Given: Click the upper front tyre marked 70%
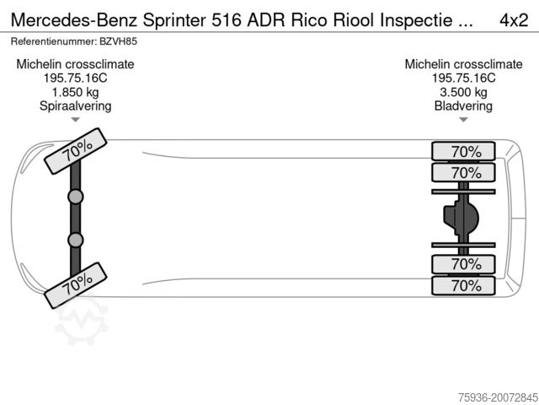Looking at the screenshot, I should pos(76,149).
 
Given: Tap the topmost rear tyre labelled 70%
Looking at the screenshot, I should pos(463,152).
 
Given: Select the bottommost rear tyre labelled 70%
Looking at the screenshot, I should pos(463,286).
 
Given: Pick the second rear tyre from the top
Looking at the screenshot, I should pos(463,173).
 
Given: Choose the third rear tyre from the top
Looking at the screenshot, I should pos(463,265).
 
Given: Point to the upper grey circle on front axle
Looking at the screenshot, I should pos(76,197).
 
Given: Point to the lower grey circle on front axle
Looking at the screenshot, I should pos(76,240).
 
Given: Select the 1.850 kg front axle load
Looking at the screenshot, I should pos(76,92).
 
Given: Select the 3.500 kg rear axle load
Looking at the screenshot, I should pos(462,92).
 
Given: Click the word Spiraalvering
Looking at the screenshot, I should pos(76,106).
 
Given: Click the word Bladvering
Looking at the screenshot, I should pos(462,106).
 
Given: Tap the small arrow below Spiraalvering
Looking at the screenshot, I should pos(76,120).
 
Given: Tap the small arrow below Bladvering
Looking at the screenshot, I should pos(462,120).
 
